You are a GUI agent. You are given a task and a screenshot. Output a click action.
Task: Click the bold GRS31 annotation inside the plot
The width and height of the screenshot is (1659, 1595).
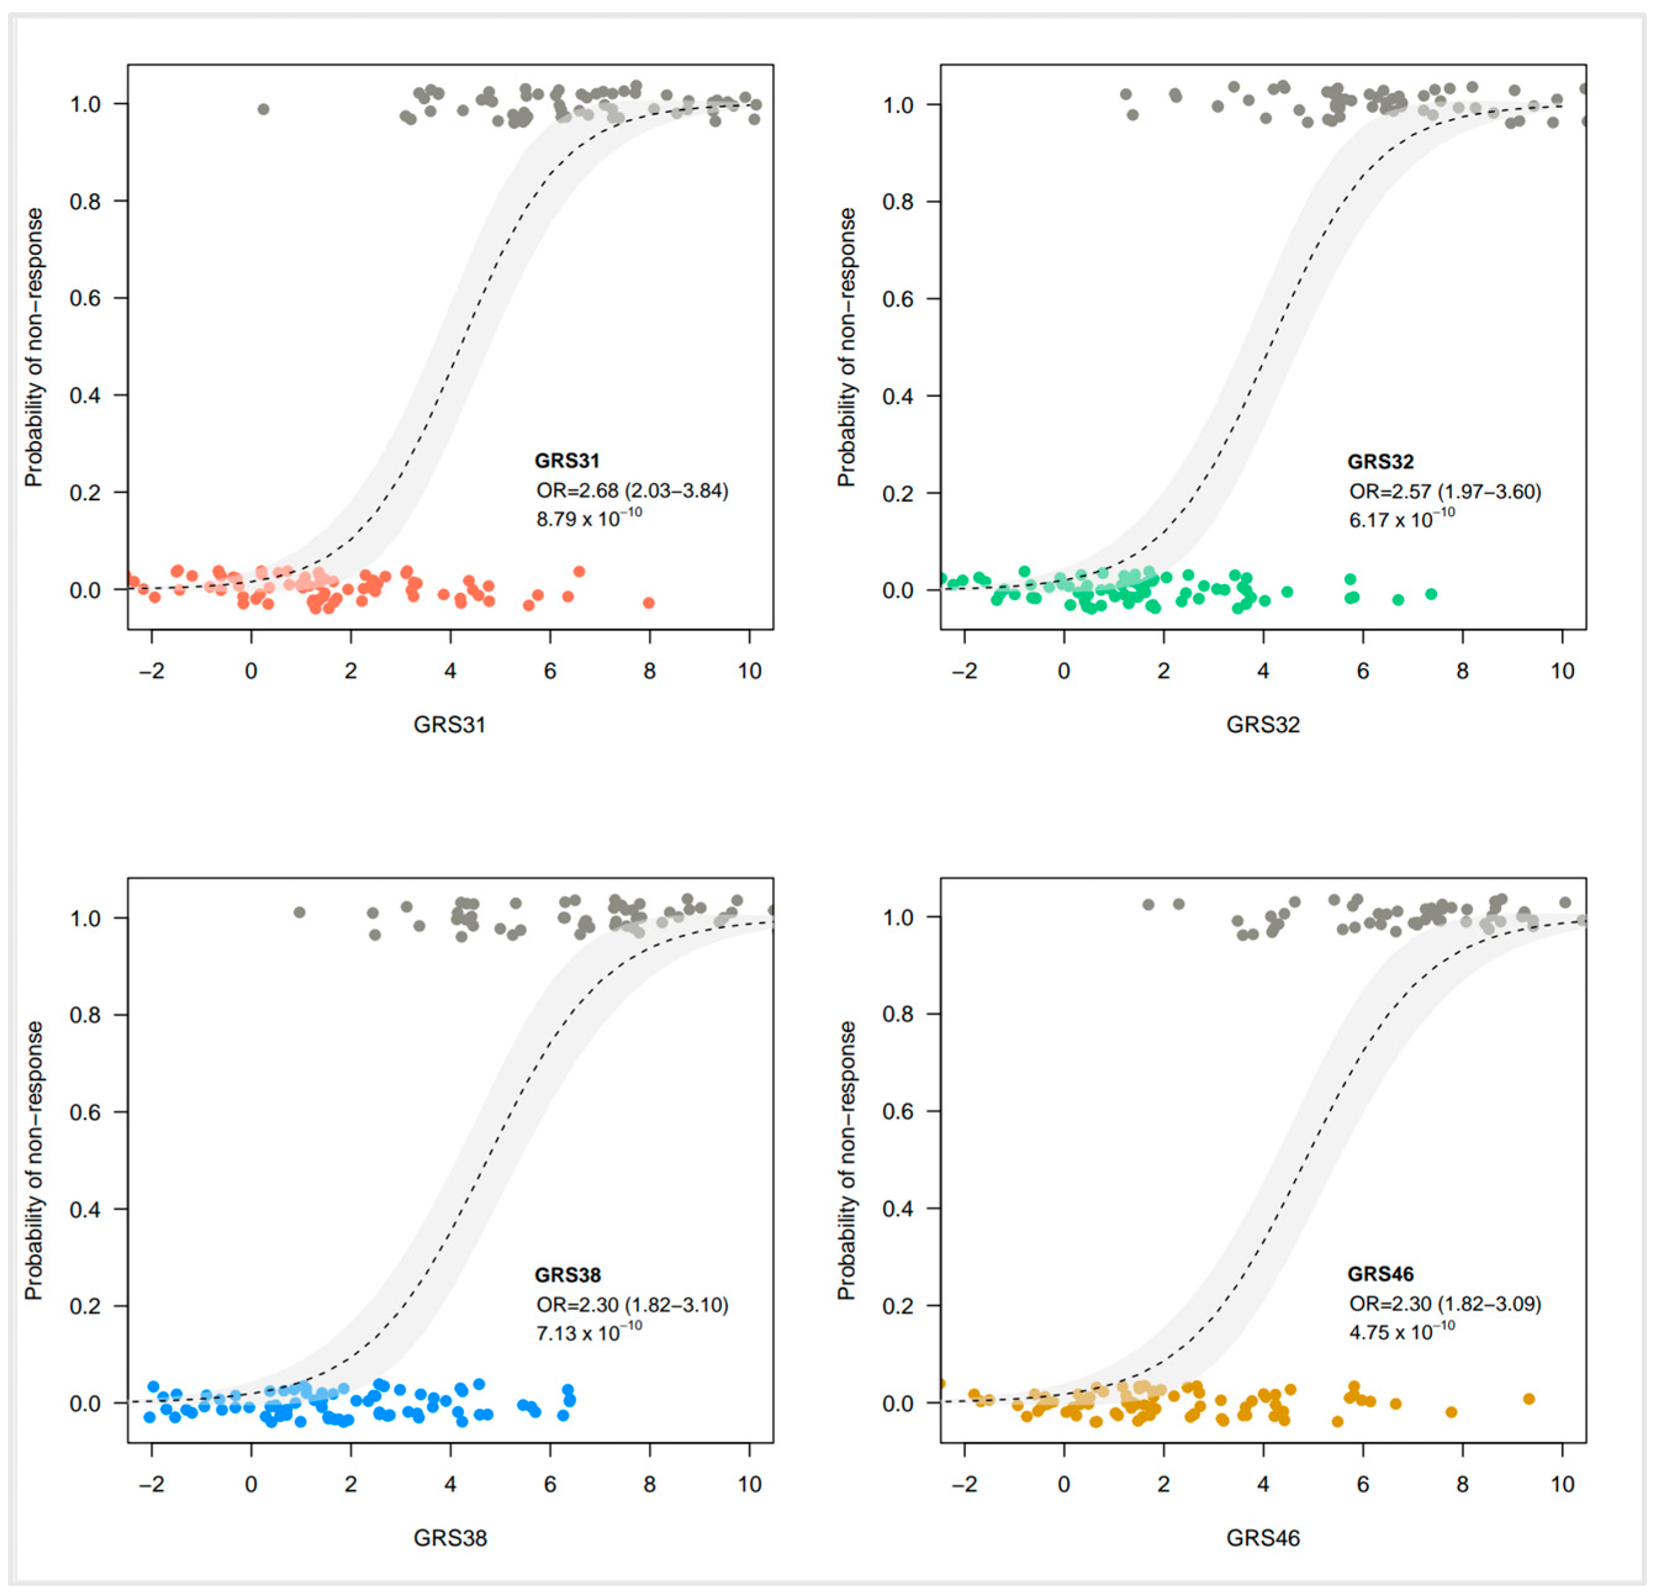click(567, 461)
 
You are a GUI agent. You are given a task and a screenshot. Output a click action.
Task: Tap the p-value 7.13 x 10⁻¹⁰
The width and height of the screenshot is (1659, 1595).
click(588, 1332)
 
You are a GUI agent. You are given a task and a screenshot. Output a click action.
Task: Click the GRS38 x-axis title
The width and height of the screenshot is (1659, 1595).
click(449, 1538)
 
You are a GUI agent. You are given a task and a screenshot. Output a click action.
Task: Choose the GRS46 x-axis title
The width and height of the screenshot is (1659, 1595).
click(1262, 1538)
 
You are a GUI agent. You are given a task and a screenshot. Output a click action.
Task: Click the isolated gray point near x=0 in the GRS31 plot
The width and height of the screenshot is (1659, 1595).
click(263, 109)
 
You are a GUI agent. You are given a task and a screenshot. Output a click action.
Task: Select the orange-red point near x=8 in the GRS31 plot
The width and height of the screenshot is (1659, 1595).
click(649, 603)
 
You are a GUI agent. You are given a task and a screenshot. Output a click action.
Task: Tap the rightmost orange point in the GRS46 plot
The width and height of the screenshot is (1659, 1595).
click(1529, 1399)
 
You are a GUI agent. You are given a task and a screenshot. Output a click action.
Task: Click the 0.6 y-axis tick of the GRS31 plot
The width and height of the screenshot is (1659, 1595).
click(84, 298)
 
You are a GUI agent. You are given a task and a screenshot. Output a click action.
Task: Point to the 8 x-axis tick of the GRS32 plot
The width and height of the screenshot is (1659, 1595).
click(1462, 671)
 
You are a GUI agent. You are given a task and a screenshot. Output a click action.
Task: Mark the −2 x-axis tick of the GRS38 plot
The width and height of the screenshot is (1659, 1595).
click(152, 1484)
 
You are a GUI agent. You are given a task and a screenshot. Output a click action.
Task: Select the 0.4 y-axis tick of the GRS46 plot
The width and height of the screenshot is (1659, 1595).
click(897, 1208)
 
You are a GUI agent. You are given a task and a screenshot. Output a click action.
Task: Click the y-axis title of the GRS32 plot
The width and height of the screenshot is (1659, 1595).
click(846, 347)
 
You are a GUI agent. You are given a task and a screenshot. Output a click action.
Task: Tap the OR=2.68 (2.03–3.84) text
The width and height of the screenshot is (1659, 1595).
click(631, 490)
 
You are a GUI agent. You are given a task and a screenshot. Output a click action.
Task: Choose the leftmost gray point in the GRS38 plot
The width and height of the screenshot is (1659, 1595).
click(299, 912)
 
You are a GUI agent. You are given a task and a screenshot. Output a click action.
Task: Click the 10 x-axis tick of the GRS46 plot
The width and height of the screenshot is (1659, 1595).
click(1562, 1484)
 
